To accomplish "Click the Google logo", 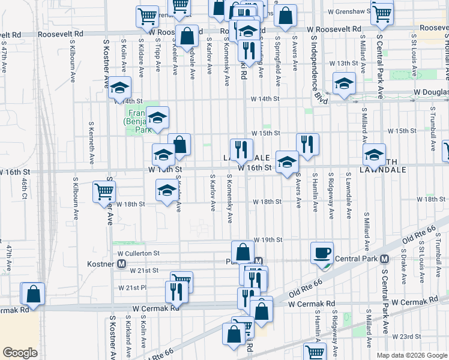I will [x=20, y=353].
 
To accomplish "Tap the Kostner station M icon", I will [x=121, y=263].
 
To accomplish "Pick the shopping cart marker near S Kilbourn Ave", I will [x=104, y=192].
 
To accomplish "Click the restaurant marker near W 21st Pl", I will [x=176, y=292].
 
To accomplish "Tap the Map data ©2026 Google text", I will [x=412, y=355].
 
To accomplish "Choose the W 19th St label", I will [x=268, y=239].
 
